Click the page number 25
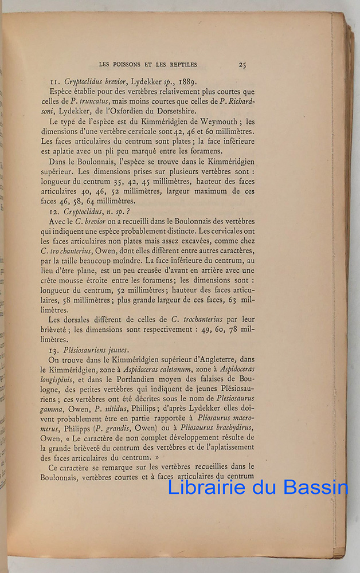coord(242,65)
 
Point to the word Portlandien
coord(141,380)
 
